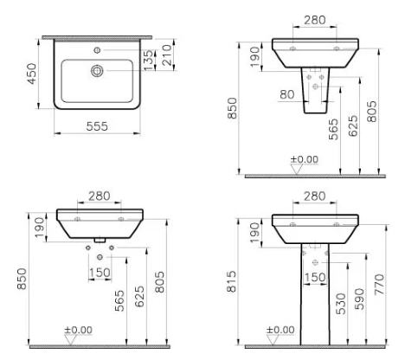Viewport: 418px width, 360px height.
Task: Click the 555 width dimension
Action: (x=95, y=125)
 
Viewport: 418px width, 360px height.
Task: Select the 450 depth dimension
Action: (x=32, y=75)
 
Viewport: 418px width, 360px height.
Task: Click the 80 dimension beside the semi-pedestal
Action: (x=286, y=94)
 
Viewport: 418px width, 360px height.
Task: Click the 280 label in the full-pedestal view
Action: (x=315, y=196)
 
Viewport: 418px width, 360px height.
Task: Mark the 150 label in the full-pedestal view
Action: (x=316, y=277)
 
